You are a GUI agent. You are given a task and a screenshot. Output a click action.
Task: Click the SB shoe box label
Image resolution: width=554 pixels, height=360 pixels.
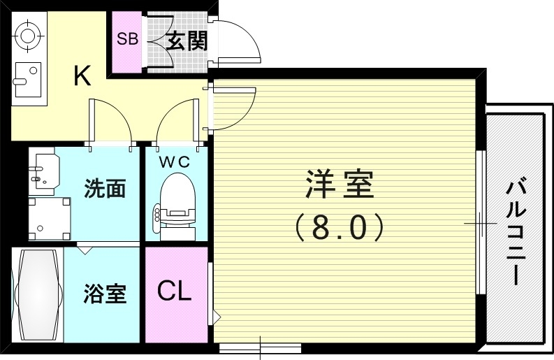[x=127, y=39]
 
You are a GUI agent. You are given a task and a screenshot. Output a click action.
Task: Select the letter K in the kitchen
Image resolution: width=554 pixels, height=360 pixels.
[x=82, y=75]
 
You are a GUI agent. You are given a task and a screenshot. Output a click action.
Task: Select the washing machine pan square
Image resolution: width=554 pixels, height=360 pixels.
[x=49, y=217]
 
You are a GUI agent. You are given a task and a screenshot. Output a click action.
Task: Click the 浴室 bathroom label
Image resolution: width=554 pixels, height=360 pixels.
[x=105, y=294]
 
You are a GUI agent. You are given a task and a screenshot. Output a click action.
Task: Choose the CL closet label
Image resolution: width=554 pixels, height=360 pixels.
[x=173, y=291]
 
